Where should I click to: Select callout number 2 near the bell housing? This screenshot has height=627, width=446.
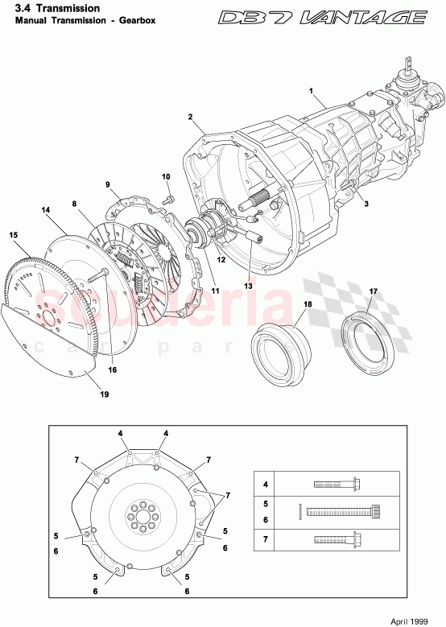pyautogui.click(x=191, y=118)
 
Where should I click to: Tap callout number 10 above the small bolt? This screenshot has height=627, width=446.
pyautogui.click(x=166, y=176)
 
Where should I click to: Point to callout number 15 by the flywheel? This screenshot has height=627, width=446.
pyautogui.click(x=14, y=235)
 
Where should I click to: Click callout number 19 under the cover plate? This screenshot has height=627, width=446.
pyautogui.click(x=105, y=394)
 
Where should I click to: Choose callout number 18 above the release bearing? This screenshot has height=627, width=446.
pyautogui.click(x=307, y=305)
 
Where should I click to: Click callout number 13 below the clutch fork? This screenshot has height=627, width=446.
pyautogui.click(x=248, y=286)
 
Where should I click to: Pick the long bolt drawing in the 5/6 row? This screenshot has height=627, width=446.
pyautogui.click(x=342, y=510)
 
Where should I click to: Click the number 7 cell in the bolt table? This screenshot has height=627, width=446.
pyautogui.click(x=266, y=538)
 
